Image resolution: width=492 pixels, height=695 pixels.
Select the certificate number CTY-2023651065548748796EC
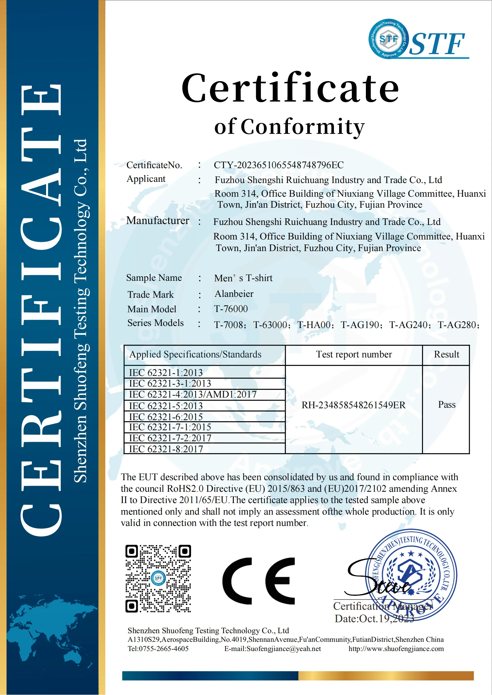tap(279, 165)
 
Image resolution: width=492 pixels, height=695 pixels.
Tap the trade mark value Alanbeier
tap(234, 294)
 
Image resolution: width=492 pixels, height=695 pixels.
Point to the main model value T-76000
tap(231, 309)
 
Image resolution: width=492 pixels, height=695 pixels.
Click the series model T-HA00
tap(314, 325)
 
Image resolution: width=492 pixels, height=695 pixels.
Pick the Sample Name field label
tap(154, 278)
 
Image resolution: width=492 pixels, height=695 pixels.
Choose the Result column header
tap(446, 354)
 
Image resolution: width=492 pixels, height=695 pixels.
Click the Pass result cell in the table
tap(447, 405)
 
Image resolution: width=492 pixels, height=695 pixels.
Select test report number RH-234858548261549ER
tap(354, 405)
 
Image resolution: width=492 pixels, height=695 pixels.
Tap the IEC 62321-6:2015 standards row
tap(166, 417)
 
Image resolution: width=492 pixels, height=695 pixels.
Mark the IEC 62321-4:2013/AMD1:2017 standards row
tap(193, 395)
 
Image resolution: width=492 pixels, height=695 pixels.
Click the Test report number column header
tap(354, 354)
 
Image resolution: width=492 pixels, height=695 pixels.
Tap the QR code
tap(158, 579)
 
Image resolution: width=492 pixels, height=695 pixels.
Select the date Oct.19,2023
tap(386, 619)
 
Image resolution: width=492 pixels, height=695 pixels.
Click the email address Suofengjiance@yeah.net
tap(283, 649)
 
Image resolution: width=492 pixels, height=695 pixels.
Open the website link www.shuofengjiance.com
tap(396, 649)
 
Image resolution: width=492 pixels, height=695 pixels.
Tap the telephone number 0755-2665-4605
tap(164, 649)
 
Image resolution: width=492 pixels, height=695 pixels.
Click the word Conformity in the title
tap(303, 127)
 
